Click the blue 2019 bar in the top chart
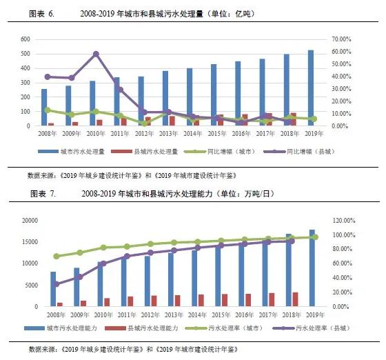coord(310,88)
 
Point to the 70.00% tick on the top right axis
coord(342,39)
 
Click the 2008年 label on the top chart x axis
coord(47,133)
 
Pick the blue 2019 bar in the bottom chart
coord(312,268)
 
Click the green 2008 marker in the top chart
coord(47,110)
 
